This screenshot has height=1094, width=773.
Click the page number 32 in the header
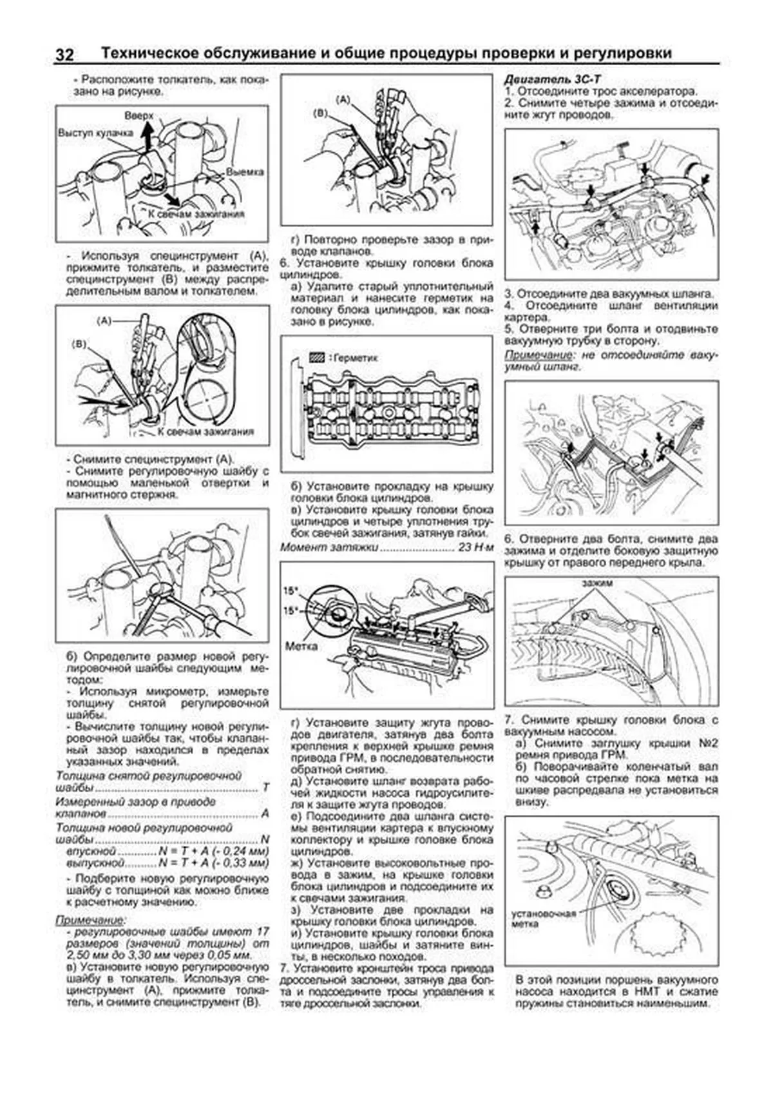pyautogui.click(x=64, y=54)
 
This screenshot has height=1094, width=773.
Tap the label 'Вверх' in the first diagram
pyautogui.click(x=139, y=115)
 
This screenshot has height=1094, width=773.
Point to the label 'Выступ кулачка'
pyautogui.click(x=95, y=133)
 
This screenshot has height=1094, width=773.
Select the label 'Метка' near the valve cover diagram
pyautogui.click(x=301, y=645)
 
